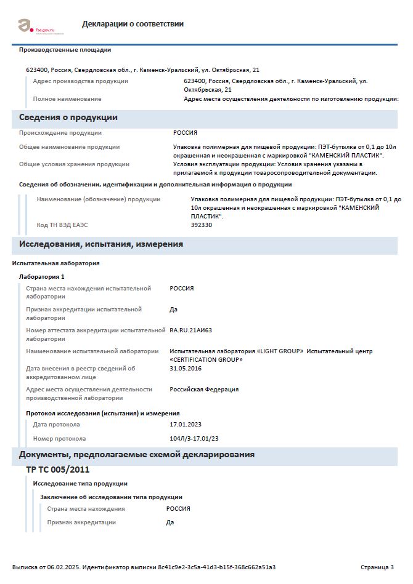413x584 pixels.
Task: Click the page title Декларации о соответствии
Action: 133,24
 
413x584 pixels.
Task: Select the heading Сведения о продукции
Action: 68,118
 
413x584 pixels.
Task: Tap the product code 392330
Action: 202,225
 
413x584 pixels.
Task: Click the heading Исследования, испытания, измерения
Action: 100,244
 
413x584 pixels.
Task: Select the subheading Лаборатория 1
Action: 42,276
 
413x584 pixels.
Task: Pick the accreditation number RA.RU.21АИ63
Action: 190,330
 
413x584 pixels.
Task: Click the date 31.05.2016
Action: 186,369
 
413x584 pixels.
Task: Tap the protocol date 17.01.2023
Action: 186,425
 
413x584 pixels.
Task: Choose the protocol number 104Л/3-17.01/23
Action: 194,439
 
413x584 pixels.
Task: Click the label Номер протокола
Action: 59,439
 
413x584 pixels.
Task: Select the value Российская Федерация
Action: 204,390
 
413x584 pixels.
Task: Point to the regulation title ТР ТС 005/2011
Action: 57,470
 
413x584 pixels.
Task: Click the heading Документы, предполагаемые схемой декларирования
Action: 136,455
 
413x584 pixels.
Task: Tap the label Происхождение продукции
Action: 60,133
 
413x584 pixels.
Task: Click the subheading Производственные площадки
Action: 65,50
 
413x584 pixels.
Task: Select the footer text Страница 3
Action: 377,567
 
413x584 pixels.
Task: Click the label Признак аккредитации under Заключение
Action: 81,522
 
